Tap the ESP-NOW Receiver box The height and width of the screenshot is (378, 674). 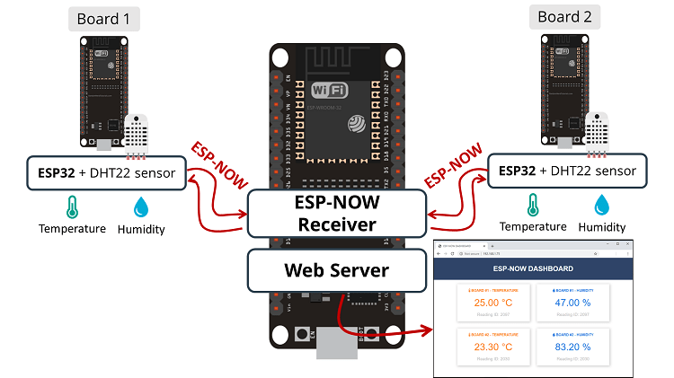click(336, 213)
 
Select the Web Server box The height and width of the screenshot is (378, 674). click(336, 270)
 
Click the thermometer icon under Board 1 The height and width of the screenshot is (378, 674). click(71, 208)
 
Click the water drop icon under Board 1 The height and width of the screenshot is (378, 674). click(141, 208)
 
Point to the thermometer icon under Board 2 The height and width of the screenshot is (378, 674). click(533, 204)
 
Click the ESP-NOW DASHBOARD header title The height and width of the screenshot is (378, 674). click(533, 268)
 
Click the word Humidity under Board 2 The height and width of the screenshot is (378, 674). click(601, 227)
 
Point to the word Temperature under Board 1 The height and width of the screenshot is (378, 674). click(72, 229)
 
